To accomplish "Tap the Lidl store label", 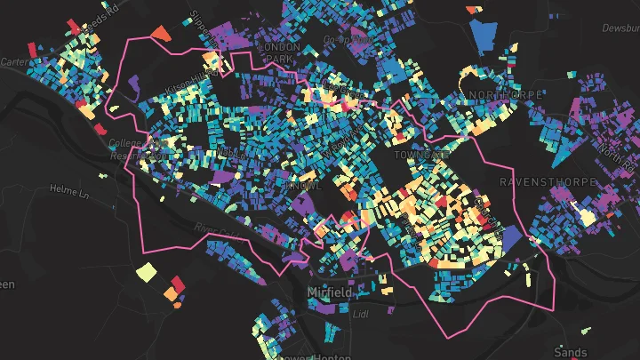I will point(361,314).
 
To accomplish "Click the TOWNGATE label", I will point(422,155).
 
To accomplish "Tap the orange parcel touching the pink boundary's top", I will point(160,33).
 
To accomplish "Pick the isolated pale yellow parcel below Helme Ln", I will point(144,271).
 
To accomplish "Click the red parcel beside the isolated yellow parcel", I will point(176,284).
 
